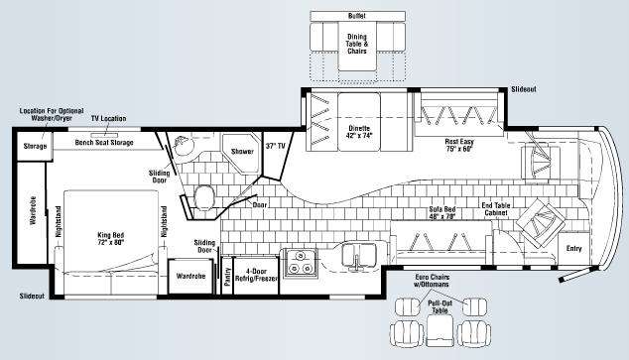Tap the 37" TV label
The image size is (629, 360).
[x=275, y=146]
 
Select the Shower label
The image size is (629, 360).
[x=242, y=152]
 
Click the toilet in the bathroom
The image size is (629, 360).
[x=204, y=197]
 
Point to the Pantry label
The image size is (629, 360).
[x=227, y=277]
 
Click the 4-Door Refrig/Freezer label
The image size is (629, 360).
[x=256, y=275]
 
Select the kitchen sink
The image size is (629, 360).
[x=358, y=257]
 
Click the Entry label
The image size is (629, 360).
[x=573, y=249]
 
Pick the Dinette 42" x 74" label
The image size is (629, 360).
[x=359, y=132]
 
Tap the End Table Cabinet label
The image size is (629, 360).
[x=496, y=209]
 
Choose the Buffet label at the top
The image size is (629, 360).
[x=357, y=16]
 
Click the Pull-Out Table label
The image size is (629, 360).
[x=440, y=306]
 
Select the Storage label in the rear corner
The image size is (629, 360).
[x=35, y=147]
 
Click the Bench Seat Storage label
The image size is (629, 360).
[x=104, y=143]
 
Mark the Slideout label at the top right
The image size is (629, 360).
[x=524, y=89]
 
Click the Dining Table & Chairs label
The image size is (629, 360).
[x=357, y=44]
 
